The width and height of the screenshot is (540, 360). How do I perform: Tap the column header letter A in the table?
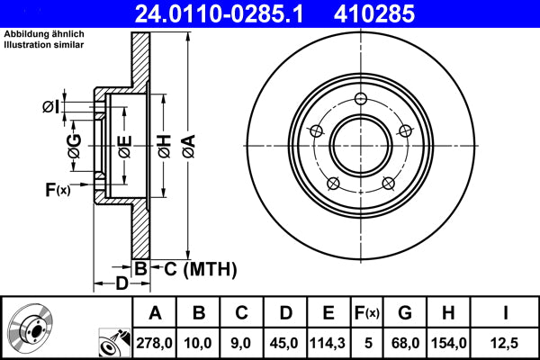(154, 313)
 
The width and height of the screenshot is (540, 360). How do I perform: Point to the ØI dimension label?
(52, 108)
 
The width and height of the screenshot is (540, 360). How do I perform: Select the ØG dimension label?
(75, 143)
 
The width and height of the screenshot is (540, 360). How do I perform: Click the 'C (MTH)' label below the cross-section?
(194, 267)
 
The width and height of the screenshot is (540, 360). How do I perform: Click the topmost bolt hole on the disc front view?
(361, 99)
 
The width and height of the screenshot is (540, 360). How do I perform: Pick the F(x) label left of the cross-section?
(57, 190)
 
